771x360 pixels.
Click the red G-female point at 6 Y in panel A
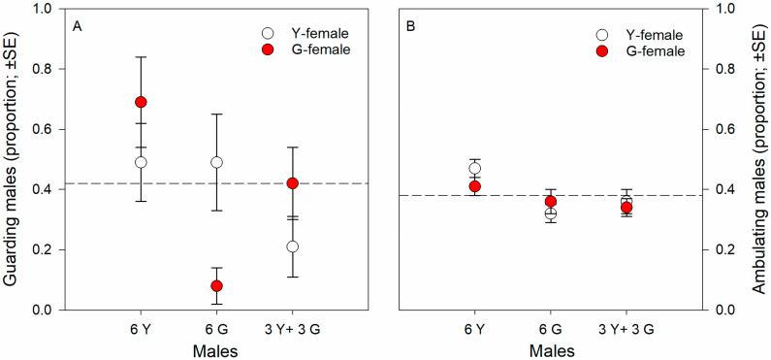(x=141, y=102)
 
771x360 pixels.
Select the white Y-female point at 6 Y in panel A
(x=141, y=162)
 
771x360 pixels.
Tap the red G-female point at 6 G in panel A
(x=216, y=285)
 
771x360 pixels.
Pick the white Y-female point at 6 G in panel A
(x=216, y=162)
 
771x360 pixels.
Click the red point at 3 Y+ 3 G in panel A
(x=292, y=182)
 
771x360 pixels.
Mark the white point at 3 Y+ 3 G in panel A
(x=292, y=246)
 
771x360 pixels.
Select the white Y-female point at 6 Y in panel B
(x=475, y=168)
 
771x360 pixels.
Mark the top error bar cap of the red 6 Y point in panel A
(x=141, y=57)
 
